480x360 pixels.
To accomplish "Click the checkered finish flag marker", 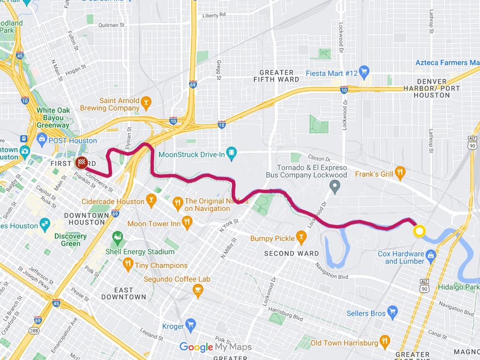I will [82, 163].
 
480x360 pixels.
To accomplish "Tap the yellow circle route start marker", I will [419, 232].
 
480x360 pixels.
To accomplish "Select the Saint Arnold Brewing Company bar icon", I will [146, 102].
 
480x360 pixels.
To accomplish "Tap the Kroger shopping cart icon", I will [190, 324].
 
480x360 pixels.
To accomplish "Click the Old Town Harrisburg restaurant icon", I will [384, 341].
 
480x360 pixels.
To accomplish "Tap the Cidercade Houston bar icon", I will [151, 202].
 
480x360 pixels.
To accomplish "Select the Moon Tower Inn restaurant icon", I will [187, 222].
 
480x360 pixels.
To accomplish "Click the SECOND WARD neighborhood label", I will [292, 254].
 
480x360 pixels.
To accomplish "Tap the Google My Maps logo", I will [216, 347].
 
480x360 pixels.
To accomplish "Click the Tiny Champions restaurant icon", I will [127, 265].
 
